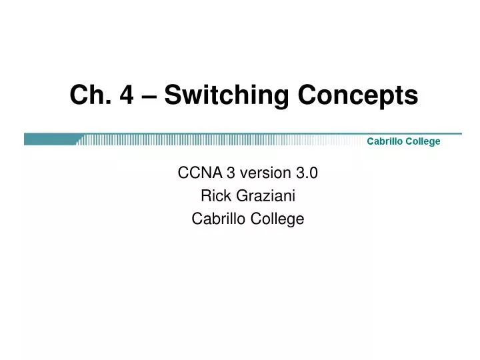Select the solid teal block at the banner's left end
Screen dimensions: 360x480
(51, 139)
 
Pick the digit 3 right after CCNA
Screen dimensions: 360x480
(230, 174)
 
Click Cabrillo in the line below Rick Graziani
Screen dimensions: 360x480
(215, 218)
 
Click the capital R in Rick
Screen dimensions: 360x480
(205, 196)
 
